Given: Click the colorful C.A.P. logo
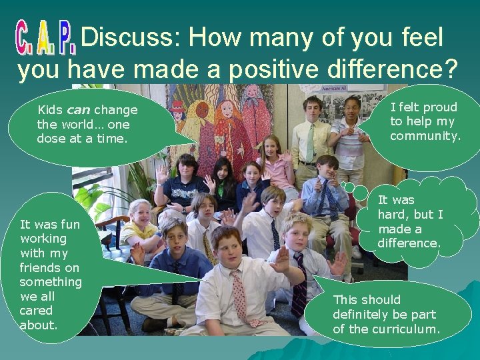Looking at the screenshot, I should tap(45, 39).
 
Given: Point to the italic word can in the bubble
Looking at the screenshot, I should tap(79, 110).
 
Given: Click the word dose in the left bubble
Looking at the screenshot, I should tap(50, 139).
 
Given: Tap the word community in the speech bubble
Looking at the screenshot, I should tap(425, 137).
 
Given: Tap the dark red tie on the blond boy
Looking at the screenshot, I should tap(300, 287).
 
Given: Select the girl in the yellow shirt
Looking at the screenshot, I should tap(140, 224).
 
